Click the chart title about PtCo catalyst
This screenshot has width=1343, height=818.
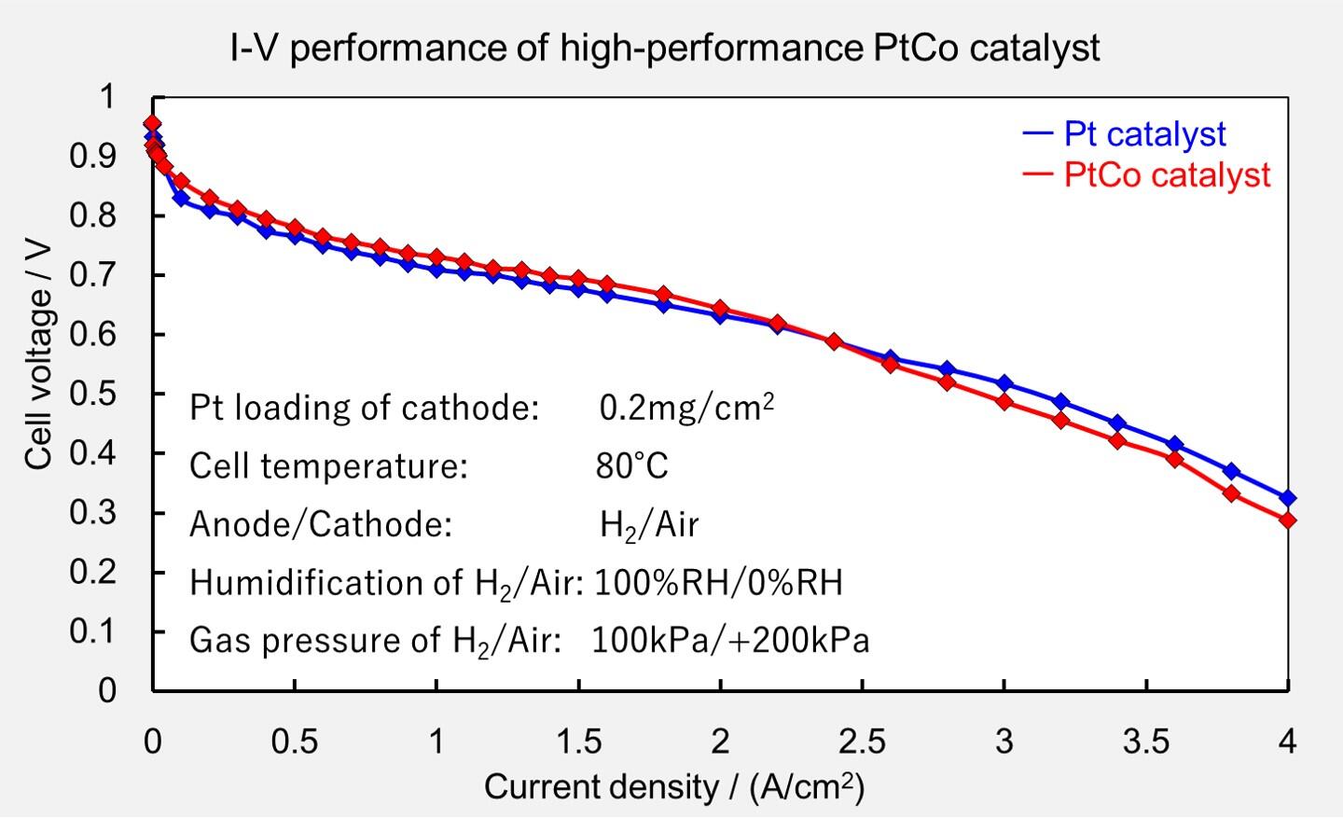[664, 47]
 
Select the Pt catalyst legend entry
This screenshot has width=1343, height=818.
[1143, 134]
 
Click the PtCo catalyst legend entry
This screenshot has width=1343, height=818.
[1166, 175]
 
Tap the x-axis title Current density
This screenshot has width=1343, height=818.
[673, 787]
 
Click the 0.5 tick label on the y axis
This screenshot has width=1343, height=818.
[93, 394]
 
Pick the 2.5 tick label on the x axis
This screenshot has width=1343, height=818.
[862, 742]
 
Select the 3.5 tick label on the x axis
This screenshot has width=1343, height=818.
[1145, 742]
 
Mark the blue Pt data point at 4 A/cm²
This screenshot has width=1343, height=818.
[1288, 498]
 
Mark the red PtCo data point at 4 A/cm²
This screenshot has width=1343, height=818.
[1288, 520]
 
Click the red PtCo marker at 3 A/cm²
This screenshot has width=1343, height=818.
[1004, 402]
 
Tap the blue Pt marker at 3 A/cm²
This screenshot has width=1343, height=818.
[1004, 383]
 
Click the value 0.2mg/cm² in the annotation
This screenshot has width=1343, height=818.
[686, 408]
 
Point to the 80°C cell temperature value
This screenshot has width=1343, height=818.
[632, 465]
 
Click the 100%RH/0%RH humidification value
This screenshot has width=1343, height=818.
[718, 582]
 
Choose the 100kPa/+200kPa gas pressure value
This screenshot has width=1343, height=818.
[730, 641]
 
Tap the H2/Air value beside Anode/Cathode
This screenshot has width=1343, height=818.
[649, 525]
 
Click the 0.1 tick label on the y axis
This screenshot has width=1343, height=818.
[93, 631]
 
